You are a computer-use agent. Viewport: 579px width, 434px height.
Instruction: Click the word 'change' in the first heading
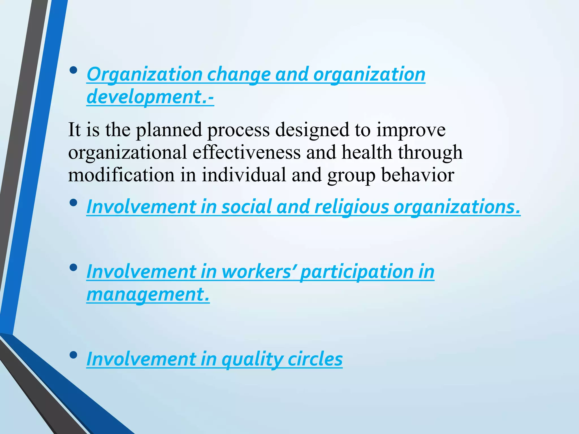point(239,75)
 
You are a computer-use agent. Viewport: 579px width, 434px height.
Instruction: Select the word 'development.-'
point(150,97)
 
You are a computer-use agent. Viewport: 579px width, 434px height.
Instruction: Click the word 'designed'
point(312,130)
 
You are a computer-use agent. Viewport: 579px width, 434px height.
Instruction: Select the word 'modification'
point(121,175)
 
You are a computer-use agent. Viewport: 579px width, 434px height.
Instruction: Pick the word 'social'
point(247,207)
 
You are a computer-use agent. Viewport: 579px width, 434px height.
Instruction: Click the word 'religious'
point(352,207)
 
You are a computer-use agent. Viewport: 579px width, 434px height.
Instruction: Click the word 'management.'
point(148,294)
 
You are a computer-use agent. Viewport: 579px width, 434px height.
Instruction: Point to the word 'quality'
point(252,359)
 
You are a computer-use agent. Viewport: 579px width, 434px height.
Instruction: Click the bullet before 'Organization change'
point(73,70)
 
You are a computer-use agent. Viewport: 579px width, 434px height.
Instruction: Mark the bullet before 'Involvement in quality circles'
point(73,355)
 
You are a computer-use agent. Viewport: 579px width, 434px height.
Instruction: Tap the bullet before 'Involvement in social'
point(73,203)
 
